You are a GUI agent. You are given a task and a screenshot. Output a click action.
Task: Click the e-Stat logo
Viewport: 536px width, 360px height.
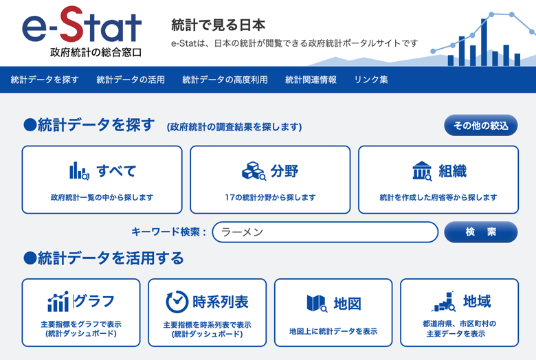point(82,31)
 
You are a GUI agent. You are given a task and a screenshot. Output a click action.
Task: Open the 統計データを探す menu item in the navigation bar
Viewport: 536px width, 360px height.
point(45,80)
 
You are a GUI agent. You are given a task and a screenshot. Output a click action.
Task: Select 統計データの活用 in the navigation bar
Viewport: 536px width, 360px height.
point(131,80)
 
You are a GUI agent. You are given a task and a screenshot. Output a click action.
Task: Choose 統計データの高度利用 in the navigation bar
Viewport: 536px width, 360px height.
point(225,80)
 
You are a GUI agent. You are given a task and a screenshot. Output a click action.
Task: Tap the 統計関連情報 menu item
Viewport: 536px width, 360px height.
point(311,80)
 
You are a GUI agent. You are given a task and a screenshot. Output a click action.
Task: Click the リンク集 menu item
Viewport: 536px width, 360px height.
point(371,80)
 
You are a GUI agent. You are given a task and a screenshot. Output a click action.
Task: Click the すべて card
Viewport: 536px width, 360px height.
point(102,179)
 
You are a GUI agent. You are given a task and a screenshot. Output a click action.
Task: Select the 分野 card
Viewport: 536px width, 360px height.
point(270,179)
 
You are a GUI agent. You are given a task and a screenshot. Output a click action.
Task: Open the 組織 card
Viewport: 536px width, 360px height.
point(438,179)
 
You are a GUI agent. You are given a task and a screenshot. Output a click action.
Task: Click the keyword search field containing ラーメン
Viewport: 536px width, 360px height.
point(325,232)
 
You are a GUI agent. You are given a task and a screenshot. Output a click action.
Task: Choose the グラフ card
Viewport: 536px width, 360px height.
point(80,313)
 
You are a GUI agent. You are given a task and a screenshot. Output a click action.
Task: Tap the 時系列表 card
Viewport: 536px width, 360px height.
point(207,313)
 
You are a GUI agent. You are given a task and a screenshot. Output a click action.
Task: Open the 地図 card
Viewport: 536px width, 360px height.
point(333,313)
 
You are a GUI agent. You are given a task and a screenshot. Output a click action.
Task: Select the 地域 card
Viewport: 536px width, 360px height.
point(459,313)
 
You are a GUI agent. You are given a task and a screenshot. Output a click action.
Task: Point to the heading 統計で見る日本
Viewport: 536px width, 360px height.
point(218,25)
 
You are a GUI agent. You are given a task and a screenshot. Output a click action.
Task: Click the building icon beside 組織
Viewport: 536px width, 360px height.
point(421,171)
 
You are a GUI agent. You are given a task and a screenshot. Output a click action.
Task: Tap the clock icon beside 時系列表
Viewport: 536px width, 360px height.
point(177,302)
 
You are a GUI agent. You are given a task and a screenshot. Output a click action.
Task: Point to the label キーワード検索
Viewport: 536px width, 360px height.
point(168,232)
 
